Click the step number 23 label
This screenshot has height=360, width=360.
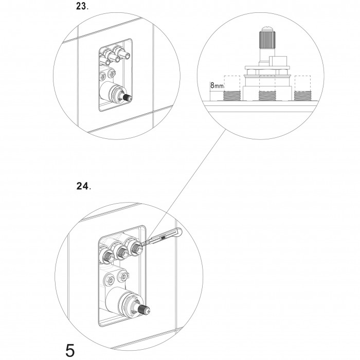[82, 6]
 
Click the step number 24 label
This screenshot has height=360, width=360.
[83, 186]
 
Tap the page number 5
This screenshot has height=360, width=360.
[70, 350]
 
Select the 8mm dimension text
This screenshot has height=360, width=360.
[217, 86]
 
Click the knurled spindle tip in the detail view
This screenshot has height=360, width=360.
[267, 40]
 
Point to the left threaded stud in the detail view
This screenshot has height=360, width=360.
[232, 96]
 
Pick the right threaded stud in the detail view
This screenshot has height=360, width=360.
[302, 96]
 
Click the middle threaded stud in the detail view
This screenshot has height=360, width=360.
[267, 96]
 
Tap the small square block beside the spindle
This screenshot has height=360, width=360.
[278, 61]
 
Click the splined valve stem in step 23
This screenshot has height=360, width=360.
[127, 97]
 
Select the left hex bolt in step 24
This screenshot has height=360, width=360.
[110, 280]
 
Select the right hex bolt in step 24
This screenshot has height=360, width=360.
[123, 276]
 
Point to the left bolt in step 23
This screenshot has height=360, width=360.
[103, 76]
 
